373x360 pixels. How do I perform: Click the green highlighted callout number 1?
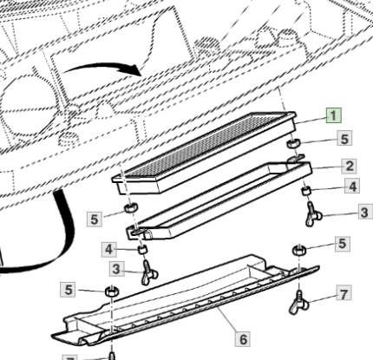(334, 115)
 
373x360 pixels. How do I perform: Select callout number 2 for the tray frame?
(350, 166)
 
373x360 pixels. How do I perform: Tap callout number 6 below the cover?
(243, 339)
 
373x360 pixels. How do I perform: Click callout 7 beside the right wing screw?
(344, 294)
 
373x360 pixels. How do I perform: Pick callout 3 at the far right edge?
(364, 212)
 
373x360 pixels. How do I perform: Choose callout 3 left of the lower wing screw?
(116, 269)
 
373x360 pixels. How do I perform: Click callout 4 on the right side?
(352, 186)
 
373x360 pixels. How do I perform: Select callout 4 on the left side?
(108, 249)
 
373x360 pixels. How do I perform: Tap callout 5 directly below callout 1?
(344, 139)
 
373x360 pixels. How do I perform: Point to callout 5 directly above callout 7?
(343, 244)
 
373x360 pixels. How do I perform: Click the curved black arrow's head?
(135, 69)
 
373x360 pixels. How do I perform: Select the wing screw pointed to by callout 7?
(298, 303)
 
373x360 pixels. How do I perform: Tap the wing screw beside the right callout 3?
(312, 214)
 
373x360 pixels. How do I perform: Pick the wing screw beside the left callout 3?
(149, 272)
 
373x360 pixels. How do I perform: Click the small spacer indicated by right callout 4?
(306, 191)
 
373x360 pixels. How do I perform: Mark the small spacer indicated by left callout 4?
(142, 249)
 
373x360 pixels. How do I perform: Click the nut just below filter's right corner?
(293, 143)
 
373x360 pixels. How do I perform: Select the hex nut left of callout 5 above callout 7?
(299, 250)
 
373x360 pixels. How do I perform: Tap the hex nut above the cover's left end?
(111, 291)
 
